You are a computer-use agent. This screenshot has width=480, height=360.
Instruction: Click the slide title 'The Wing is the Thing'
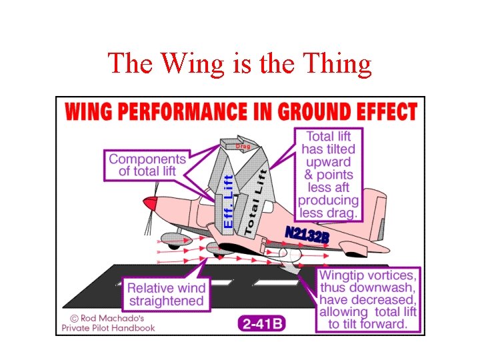(239, 63)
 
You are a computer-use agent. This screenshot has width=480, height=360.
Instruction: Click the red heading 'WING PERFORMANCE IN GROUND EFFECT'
(241, 111)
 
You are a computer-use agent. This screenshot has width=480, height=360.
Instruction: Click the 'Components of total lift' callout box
(147, 165)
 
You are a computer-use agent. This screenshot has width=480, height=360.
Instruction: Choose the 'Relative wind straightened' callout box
(166, 295)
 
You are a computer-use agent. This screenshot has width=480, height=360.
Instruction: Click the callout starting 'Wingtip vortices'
(368, 299)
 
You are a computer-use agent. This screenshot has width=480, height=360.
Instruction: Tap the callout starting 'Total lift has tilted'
(328, 175)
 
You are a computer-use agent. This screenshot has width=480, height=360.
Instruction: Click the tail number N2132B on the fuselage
(307, 235)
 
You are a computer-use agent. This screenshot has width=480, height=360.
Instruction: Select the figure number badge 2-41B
(261, 324)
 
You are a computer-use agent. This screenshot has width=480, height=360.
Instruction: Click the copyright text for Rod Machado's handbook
(108, 322)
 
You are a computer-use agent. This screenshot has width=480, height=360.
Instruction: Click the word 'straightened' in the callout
(166, 301)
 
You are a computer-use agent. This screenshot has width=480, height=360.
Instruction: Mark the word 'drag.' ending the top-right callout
(343, 213)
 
